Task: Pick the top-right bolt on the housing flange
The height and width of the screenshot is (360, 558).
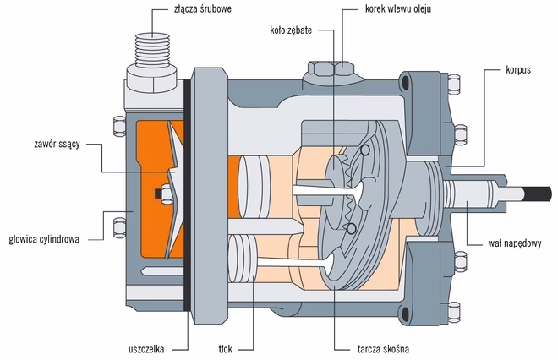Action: [x=456, y=84]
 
